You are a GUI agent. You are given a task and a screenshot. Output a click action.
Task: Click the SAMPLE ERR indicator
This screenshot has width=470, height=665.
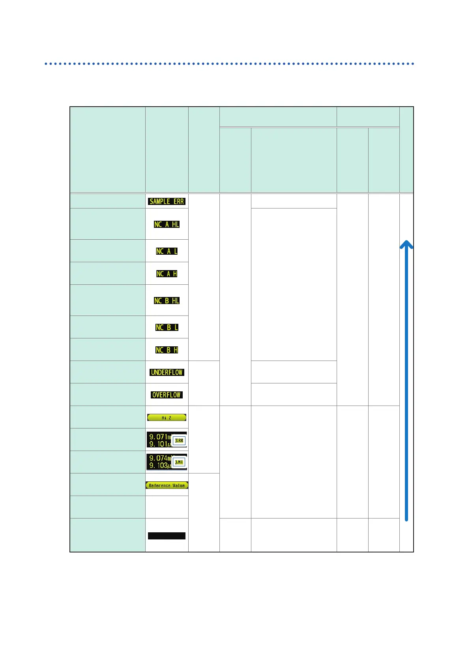tap(167, 201)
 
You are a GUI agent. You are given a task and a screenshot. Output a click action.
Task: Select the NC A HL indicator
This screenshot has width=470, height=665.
tap(167, 224)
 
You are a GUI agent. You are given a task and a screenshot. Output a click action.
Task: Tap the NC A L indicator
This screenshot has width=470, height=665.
tap(167, 251)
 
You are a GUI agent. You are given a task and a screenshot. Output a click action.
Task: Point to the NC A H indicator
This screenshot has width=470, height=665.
tap(167, 274)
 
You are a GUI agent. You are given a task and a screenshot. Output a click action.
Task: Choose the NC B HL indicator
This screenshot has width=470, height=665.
tap(167, 301)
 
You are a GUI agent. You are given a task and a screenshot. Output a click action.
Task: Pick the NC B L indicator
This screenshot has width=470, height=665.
tap(167, 327)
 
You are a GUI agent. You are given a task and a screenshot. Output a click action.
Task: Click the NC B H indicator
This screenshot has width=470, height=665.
tap(167, 350)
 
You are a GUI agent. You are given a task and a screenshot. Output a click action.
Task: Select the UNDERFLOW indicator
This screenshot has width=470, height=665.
tap(167, 372)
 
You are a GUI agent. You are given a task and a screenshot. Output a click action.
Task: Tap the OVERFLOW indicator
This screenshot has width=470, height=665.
tap(167, 395)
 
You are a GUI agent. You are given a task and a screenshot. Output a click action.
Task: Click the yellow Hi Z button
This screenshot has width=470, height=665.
tap(167, 417)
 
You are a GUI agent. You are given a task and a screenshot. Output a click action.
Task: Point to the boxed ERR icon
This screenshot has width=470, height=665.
tap(179, 441)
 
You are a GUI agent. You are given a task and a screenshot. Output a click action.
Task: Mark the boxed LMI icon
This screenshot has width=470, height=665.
tap(179, 462)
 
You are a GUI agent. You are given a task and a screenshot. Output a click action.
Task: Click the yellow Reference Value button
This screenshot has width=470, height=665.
tap(167, 485)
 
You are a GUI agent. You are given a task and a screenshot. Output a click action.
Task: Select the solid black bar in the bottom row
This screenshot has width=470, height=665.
tap(167, 536)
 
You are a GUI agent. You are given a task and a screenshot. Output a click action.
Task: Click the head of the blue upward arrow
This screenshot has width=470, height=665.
tap(406, 244)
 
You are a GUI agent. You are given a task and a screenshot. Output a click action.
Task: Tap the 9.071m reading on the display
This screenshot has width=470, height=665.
tap(159, 437)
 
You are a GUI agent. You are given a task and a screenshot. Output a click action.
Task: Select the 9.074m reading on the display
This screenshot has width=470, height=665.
tap(159, 458)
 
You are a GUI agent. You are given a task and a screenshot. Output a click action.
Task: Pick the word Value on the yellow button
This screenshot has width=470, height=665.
tap(179, 486)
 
